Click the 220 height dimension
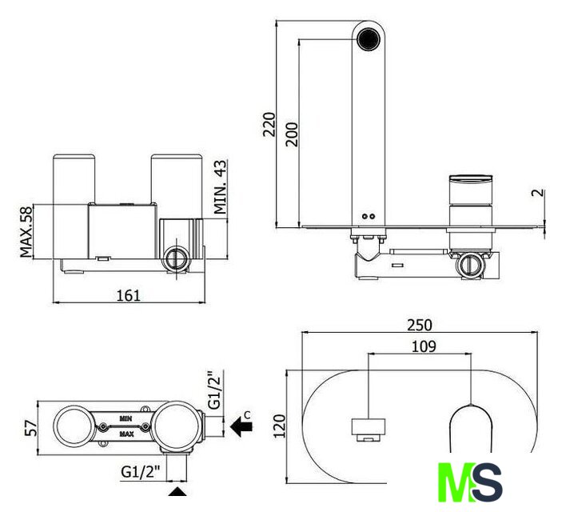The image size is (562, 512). (x=269, y=124)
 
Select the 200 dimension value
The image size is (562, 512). (x=292, y=134)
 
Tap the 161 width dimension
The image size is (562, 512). (x=129, y=295)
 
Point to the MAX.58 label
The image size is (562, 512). (x=26, y=232)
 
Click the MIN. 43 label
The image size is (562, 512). (x=221, y=187)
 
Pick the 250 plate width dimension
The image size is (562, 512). (x=420, y=325)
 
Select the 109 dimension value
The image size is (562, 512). (x=424, y=346)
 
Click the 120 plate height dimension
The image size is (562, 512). (x=280, y=426)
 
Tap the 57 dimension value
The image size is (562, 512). (x=31, y=428)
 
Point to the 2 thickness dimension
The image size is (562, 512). (x=538, y=193)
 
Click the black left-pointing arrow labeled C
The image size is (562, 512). (x=241, y=426)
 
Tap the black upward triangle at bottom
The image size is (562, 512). (x=177, y=491)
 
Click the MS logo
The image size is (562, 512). (x=470, y=482)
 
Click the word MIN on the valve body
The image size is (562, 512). (x=126, y=418)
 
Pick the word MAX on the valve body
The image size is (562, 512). (x=126, y=434)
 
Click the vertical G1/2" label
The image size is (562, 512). (x=215, y=390)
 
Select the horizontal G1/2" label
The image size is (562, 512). (x=140, y=472)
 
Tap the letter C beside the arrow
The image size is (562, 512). (x=247, y=414)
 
